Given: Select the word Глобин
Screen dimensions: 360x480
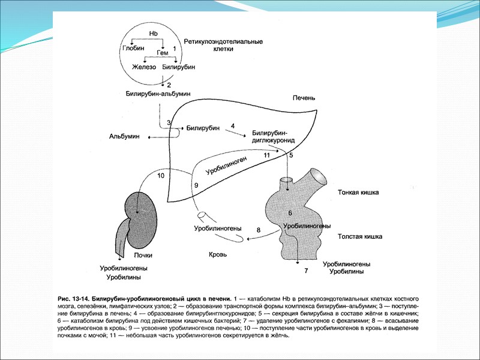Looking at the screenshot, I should [134, 47].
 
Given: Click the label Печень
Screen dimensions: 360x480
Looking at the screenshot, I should [304, 98].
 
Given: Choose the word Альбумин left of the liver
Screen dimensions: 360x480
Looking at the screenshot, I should [124, 137].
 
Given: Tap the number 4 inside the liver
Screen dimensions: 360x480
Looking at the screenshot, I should [233, 125].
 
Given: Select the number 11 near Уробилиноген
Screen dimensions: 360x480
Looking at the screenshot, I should [267, 155].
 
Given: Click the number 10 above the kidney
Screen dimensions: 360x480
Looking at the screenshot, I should [160, 176].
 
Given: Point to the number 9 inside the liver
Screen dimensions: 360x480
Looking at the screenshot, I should [196, 186].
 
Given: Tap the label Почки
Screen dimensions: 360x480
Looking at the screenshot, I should [143, 256].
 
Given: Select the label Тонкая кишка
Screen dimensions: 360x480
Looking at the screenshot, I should [358, 193].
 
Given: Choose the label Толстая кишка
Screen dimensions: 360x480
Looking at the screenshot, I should [360, 236].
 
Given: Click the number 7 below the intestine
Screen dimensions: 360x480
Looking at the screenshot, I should [305, 271].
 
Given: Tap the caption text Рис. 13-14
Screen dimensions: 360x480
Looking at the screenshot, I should [74, 298].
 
